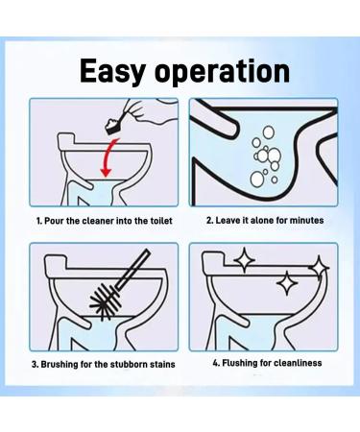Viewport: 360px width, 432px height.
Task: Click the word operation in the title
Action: click(x=223, y=72)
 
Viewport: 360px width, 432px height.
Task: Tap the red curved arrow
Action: click(x=108, y=157)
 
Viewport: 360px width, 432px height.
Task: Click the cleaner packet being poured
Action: click(x=114, y=126)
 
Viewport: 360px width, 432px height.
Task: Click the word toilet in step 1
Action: click(x=161, y=221)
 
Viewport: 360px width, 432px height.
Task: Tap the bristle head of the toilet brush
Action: click(x=105, y=300)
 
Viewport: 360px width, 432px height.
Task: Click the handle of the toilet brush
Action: click(x=132, y=271)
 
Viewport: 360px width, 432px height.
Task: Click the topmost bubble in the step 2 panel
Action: click(x=268, y=132)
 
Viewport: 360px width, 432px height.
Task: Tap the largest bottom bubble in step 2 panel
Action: click(x=256, y=180)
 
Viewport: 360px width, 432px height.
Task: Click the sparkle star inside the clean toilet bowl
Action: click(x=287, y=283)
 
